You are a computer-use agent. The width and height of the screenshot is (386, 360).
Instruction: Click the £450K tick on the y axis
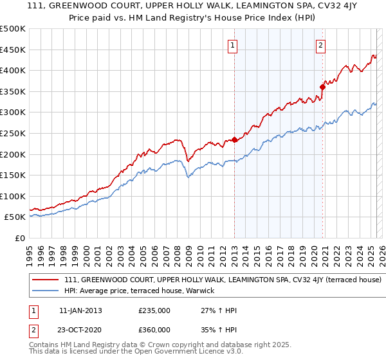(x=13, y=50)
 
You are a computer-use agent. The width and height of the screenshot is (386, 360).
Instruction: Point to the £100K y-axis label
(x=13, y=196)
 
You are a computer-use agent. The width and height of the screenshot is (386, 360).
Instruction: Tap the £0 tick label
(x=19, y=238)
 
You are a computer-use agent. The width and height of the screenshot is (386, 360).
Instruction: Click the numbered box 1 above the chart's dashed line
(x=232, y=45)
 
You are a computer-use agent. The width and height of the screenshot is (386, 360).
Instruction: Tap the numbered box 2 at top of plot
(x=320, y=45)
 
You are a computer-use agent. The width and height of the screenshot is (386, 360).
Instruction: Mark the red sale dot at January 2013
(x=234, y=139)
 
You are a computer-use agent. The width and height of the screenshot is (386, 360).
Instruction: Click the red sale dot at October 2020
(x=322, y=87)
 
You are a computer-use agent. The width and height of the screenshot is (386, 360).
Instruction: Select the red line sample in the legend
(x=46, y=280)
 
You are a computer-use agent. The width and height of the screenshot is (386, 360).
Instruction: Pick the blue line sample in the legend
(x=46, y=291)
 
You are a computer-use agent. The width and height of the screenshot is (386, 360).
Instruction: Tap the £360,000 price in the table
(x=154, y=329)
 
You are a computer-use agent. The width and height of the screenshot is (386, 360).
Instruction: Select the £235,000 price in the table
(x=154, y=310)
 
